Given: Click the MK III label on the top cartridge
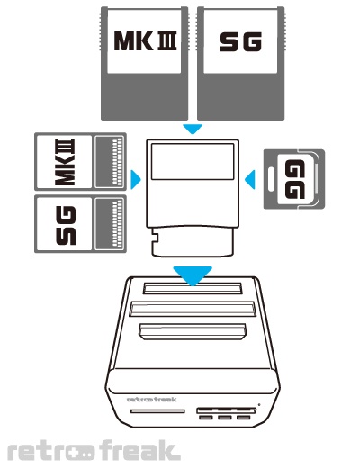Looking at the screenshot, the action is point(145,40).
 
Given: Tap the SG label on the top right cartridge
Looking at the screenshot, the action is point(241,41).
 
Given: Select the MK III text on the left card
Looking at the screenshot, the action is point(65,162).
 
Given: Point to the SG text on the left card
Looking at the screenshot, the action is point(66,225).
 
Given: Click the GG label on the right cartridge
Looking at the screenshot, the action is point(295,179).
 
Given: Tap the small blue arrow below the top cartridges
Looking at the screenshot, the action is point(193,130).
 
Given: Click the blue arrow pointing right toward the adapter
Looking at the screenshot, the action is point(136,180).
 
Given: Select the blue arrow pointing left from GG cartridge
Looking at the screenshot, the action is point(250,180).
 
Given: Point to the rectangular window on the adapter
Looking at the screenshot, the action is point(193,162).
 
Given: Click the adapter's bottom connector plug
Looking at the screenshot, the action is point(193,242).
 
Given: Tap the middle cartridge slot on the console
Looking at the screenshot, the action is point(193,309).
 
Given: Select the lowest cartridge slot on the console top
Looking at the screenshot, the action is point(193,331).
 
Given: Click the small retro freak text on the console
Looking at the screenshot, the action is point(152,400).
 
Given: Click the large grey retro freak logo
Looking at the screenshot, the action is point(94,450).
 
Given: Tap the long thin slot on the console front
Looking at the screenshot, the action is point(157,411).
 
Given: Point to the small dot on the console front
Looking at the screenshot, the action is point(259,405).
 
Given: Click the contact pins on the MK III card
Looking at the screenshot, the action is point(118,161).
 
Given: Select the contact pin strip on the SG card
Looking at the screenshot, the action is point(118,224).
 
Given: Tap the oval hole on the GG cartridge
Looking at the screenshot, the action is point(271,179).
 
